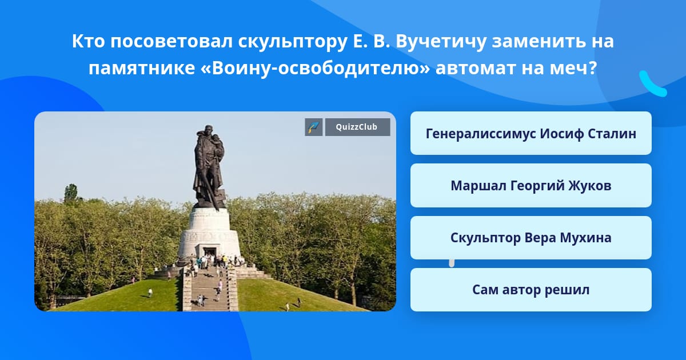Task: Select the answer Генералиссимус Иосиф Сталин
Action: [x=531, y=134]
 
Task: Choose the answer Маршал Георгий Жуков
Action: [x=531, y=186]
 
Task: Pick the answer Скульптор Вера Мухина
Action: [x=531, y=238]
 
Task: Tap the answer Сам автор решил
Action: [x=531, y=290]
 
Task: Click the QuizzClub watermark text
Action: [x=357, y=127]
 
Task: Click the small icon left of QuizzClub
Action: [x=314, y=127]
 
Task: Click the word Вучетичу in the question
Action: [x=441, y=41]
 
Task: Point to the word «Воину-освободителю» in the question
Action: [x=316, y=68]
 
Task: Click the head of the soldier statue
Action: [x=209, y=130]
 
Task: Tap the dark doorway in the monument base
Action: [x=210, y=253]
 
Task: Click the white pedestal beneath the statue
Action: [x=209, y=233]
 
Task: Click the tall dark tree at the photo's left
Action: [x=71, y=193]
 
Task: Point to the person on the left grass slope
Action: [x=150, y=293]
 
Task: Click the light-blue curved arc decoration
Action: [x=652, y=85]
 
